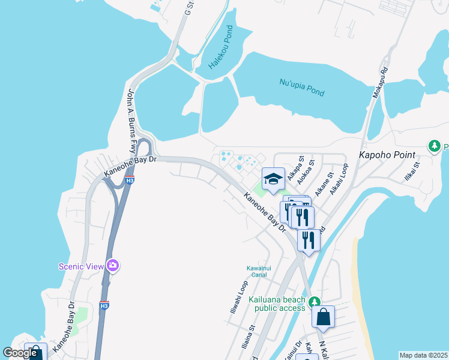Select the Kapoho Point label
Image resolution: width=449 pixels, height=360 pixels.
[x=387, y=154]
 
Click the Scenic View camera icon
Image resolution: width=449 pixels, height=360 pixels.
[x=113, y=265]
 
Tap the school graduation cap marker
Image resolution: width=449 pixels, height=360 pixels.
[x=273, y=179]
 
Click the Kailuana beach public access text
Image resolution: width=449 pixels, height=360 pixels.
[x=280, y=304]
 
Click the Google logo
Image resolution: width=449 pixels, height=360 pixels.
[x=20, y=353]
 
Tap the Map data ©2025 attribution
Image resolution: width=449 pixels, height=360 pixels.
[x=423, y=355]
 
